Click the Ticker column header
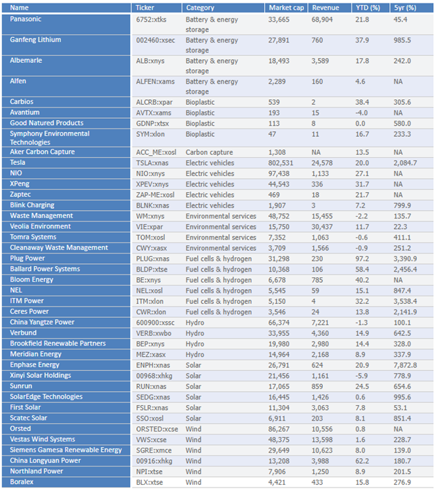coord(145,8)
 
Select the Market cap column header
coord(286,8)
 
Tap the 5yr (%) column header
coord(405,8)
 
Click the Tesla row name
coord(17,163)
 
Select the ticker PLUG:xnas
coord(152,259)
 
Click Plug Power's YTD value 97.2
coord(362,259)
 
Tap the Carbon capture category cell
coord(209,152)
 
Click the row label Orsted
coord(20,429)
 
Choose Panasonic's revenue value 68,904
coord(322,20)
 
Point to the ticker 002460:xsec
coord(155,41)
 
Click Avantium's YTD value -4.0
coord(361,113)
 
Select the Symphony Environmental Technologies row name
coord(50,138)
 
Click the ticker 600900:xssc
coord(155,323)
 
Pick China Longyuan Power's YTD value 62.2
coord(362,461)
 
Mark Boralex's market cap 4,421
coord(277,483)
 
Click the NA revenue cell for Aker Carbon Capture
coord(316,152)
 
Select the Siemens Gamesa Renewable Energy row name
coord(66,450)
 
